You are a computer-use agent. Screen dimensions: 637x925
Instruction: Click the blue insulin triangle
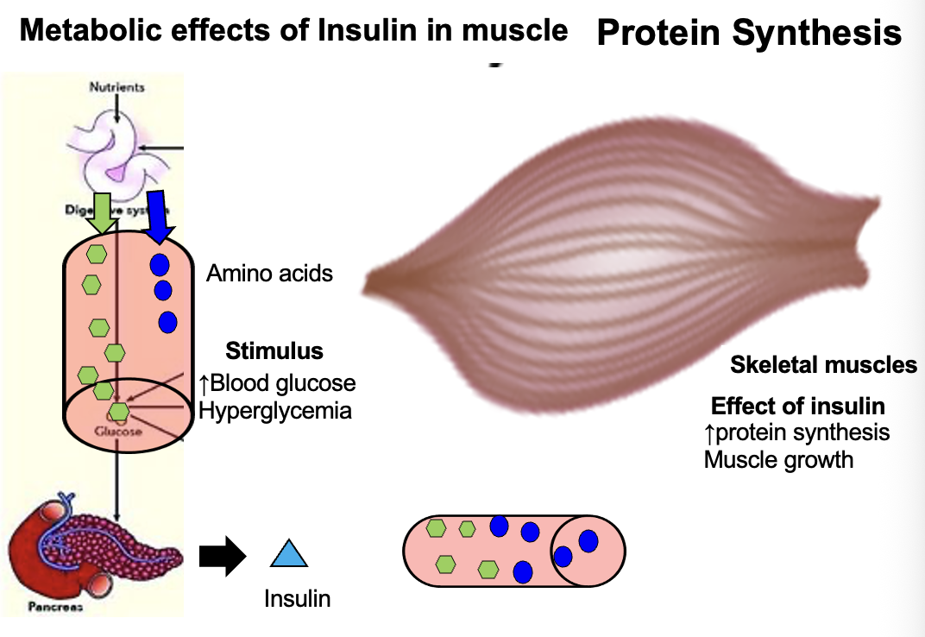pyautogui.click(x=289, y=555)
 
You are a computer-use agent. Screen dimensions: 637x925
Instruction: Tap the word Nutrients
pyautogui.click(x=116, y=87)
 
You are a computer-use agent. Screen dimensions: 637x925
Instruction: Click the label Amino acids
pyautogui.click(x=269, y=274)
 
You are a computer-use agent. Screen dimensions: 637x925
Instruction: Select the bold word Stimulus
pyautogui.click(x=274, y=350)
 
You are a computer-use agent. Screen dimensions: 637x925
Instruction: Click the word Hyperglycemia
pyautogui.click(x=275, y=410)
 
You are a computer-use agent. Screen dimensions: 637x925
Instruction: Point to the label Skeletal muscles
pyautogui.click(x=823, y=365)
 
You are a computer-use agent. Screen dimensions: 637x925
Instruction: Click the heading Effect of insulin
pyautogui.click(x=797, y=406)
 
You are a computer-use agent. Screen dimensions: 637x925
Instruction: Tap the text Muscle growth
pyautogui.click(x=778, y=459)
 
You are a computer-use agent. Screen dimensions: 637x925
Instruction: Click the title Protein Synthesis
pyautogui.click(x=749, y=33)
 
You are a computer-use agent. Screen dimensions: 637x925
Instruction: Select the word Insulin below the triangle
pyautogui.click(x=297, y=598)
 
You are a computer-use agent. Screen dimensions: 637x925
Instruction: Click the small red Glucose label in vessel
pyautogui.click(x=118, y=430)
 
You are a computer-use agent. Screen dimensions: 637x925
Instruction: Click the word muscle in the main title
pyautogui.click(x=514, y=31)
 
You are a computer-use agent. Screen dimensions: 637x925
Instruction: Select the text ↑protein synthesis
pyautogui.click(x=796, y=432)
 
